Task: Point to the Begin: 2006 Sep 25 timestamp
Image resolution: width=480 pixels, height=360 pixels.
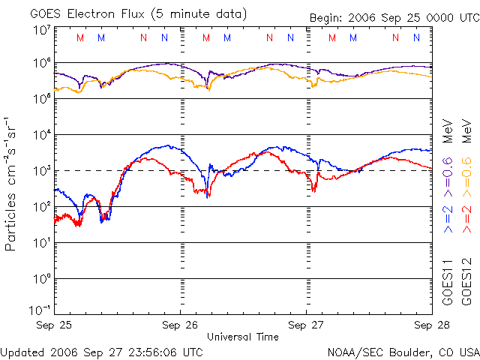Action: (x=393, y=18)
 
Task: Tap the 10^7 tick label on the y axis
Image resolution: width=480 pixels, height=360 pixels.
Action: (x=42, y=31)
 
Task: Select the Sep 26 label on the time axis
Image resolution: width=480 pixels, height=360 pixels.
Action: (x=181, y=325)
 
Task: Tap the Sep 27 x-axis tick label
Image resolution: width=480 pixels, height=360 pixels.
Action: (x=307, y=325)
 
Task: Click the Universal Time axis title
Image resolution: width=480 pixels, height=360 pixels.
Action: (x=242, y=337)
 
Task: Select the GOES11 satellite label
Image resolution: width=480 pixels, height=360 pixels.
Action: (x=448, y=282)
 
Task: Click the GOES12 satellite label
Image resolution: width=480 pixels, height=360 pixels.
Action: (x=466, y=282)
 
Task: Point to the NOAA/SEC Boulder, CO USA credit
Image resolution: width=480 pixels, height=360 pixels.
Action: (x=403, y=352)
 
